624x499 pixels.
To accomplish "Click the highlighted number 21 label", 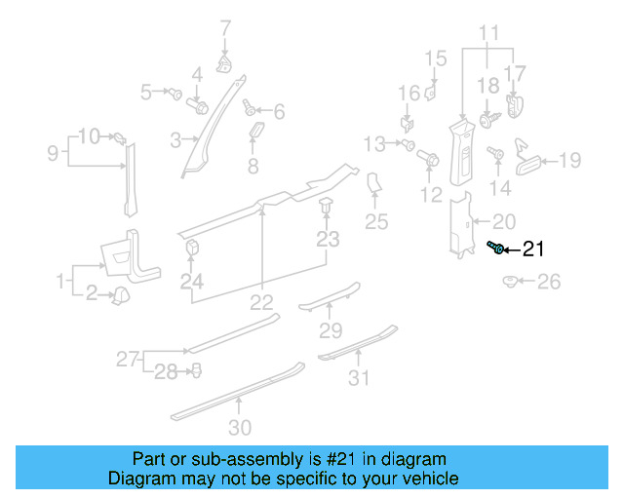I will coord(533,249).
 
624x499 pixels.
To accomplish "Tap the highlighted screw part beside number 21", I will coord(497,249).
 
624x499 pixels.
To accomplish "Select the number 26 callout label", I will coord(550,283).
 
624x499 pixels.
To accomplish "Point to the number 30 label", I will coord(239,427).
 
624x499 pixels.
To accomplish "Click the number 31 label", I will coord(360,378).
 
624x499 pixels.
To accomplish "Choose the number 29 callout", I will coord(331,329).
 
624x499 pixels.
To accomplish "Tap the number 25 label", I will coord(376,223).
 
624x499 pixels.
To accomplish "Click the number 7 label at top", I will coord(225,27).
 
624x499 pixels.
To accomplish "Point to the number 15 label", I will coord(435,58).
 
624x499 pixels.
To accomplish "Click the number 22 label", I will coord(262,302).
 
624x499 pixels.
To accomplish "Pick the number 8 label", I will coord(253,167).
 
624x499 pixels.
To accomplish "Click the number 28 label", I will coord(167,370).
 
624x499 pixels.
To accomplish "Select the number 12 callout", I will coord(431,196).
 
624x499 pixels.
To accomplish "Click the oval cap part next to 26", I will coord(510,282).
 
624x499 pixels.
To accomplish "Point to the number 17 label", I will coord(515,72).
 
